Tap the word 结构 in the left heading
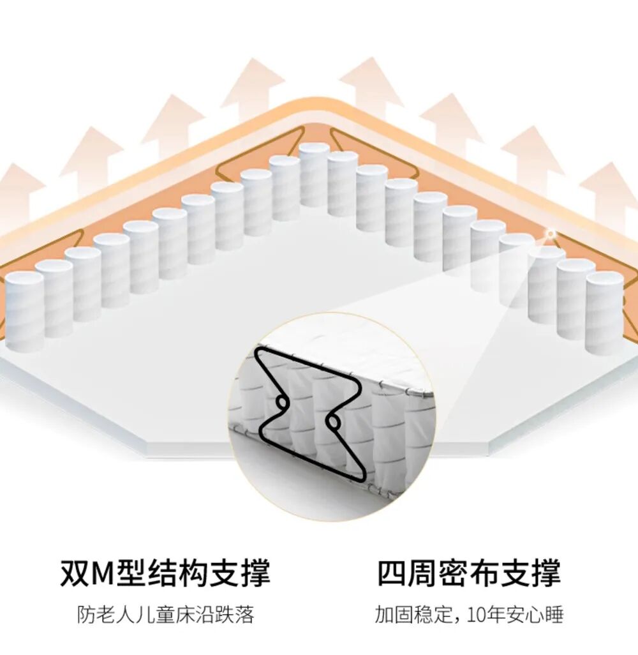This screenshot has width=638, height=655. pyautogui.click(x=168, y=573)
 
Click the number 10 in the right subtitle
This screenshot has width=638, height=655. pyautogui.click(x=475, y=615)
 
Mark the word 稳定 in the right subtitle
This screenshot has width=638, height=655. pyautogui.click(x=431, y=615)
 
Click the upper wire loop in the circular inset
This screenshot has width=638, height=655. pyautogui.click(x=280, y=402)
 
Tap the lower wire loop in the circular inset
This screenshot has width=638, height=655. pyautogui.click(x=332, y=423)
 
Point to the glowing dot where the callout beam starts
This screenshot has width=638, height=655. pyautogui.click(x=549, y=234)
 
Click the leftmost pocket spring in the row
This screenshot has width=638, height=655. pyautogui.click(x=24, y=310)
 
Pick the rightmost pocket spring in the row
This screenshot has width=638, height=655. pyautogui.click(x=604, y=312)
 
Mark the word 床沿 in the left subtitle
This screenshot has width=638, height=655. pyautogui.click(x=197, y=615)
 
